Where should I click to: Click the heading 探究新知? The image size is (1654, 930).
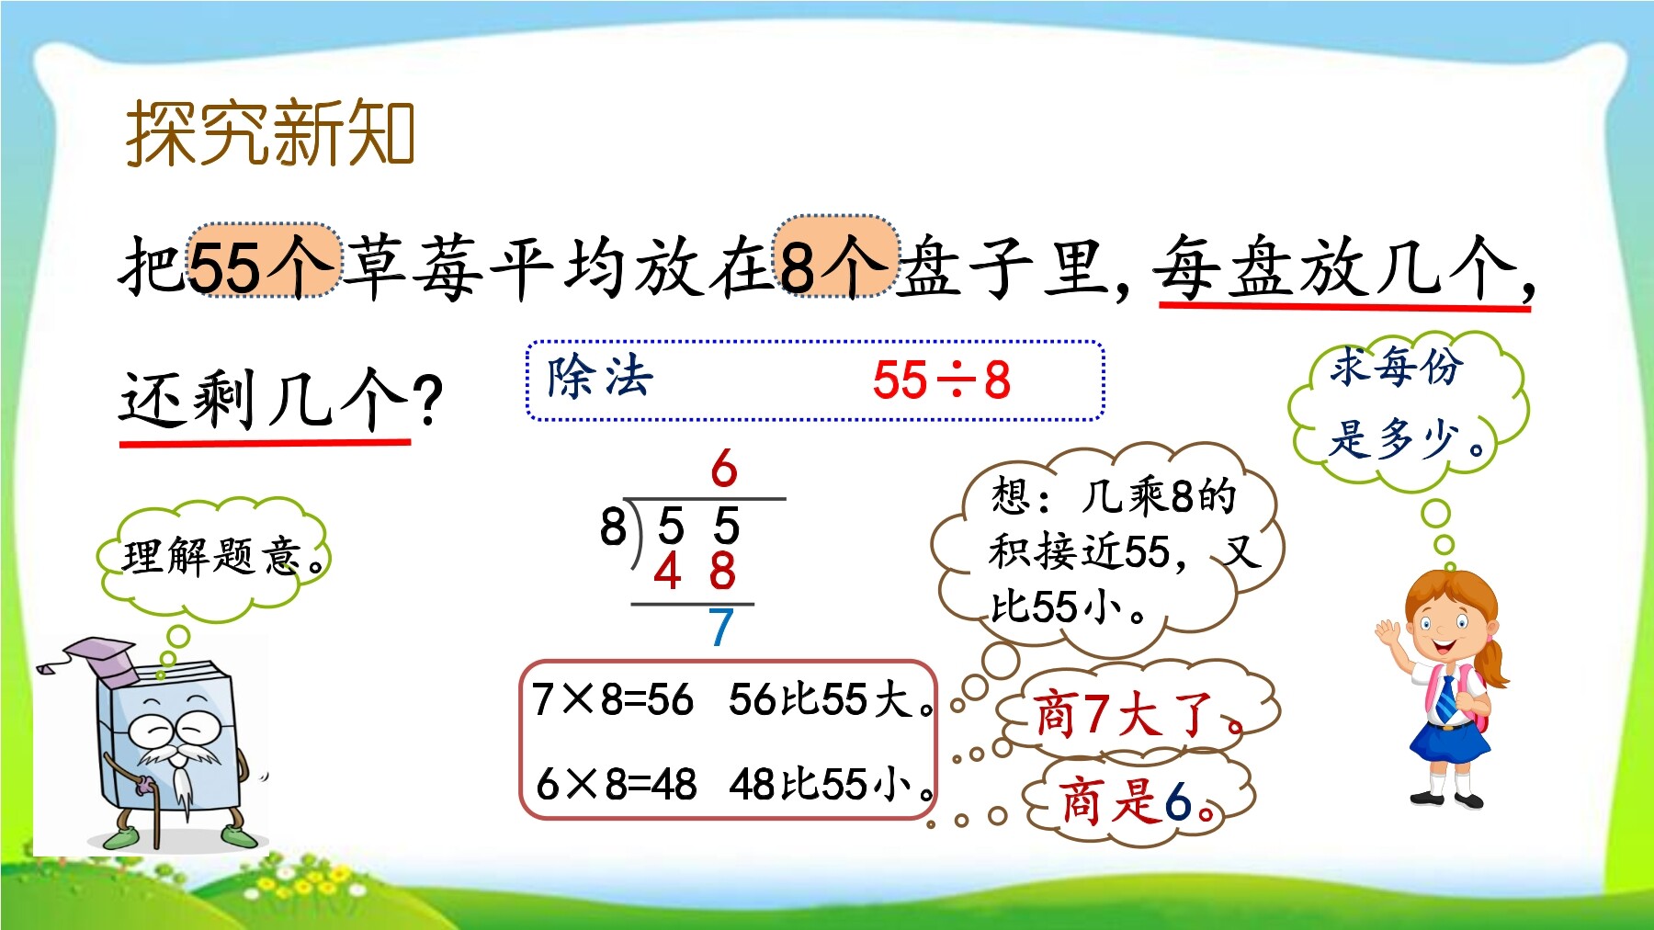270,133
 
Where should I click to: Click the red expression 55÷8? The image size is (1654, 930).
942,380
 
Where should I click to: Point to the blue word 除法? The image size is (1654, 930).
600,377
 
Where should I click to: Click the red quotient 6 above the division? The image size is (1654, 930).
724,470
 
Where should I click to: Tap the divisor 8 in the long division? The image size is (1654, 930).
613,527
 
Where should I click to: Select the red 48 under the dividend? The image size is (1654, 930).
695,570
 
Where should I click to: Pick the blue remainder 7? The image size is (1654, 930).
720,628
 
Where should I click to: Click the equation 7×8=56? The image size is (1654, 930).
613,700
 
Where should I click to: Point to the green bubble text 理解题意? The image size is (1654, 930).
212,556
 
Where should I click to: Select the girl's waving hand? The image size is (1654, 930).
1388,630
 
